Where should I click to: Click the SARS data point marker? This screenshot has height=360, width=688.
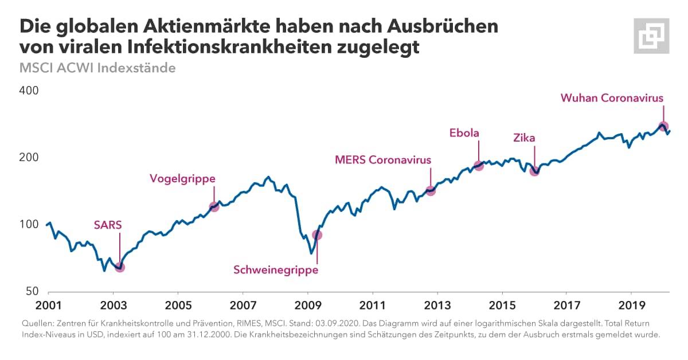click(x=120, y=267)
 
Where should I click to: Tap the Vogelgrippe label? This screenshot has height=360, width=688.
click(x=182, y=178)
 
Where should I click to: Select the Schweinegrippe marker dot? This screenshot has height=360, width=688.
click(x=317, y=235)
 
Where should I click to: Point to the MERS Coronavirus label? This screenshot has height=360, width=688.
click(x=382, y=160)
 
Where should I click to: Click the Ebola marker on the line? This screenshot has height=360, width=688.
click(x=479, y=166)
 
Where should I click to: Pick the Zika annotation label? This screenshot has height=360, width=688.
click(x=524, y=138)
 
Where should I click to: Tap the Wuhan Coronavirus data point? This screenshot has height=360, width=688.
click(x=663, y=127)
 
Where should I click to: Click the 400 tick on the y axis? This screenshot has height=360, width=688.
click(x=29, y=91)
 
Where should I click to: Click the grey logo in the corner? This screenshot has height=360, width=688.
click(x=651, y=36)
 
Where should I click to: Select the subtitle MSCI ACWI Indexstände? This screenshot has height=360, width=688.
click(x=97, y=68)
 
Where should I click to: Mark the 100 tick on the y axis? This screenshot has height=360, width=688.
click(x=29, y=224)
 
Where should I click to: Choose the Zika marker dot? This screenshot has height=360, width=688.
click(x=535, y=170)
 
